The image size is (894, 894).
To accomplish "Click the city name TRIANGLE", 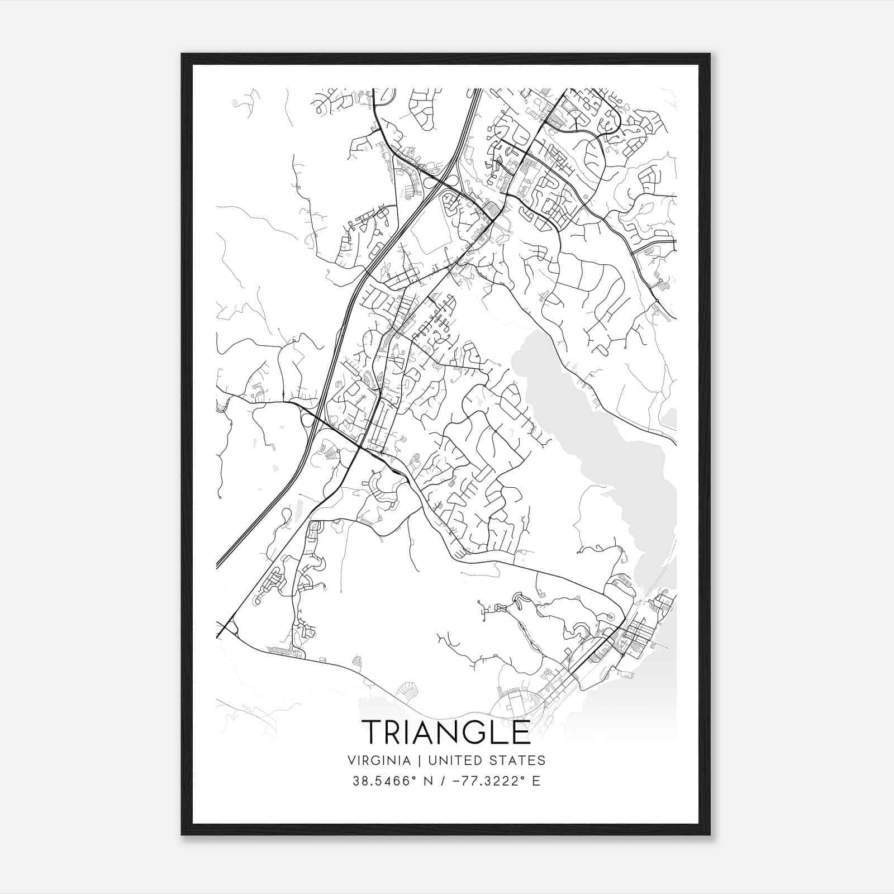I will tap(446, 732).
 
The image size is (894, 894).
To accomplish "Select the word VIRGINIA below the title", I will tap(379, 760).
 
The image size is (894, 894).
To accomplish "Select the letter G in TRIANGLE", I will tap(479, 732).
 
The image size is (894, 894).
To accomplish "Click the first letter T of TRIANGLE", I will tap(372, 732).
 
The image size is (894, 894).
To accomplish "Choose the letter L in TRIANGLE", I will tap(500, 732).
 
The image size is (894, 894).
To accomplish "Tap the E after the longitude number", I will tap(536, 781).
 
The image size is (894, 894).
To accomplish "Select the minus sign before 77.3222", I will tap(457, 781).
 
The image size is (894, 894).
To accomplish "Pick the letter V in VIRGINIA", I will tap(351, 760).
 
